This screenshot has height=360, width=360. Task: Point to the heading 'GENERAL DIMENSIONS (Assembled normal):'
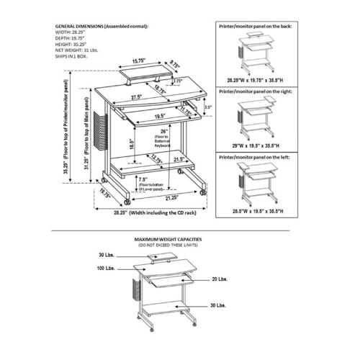[102, 26]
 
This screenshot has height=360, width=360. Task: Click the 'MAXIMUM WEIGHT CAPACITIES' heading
[168, 238]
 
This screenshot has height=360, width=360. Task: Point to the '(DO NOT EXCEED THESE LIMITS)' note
[168, 245]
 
